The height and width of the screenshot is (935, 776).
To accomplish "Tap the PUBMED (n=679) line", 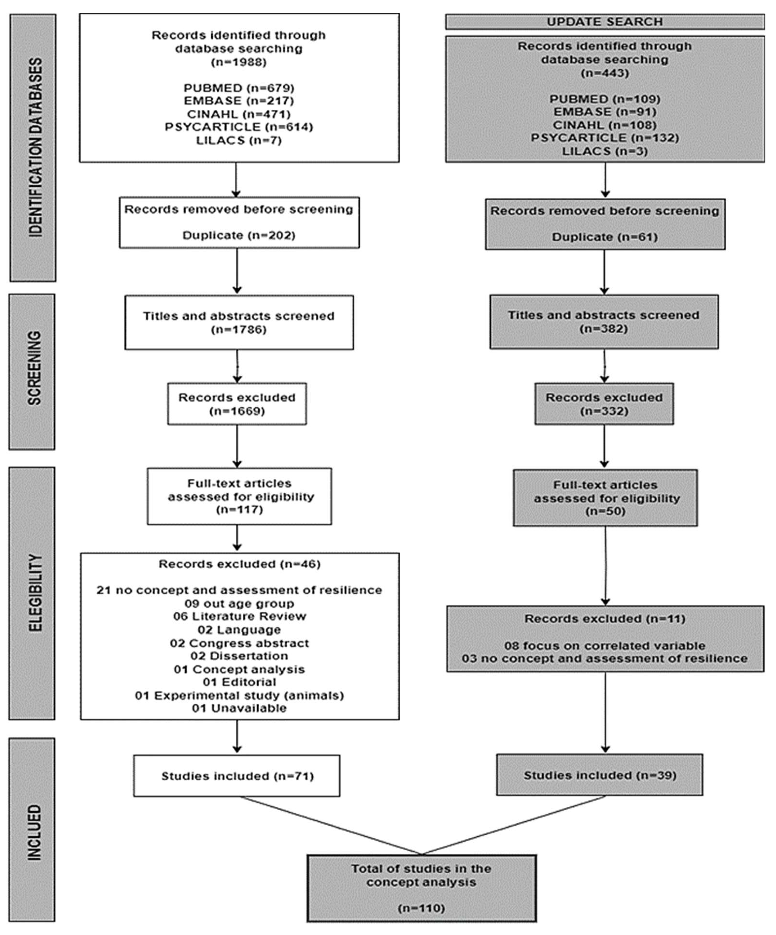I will point(239,88).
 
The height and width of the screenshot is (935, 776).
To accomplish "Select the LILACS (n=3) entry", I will point(605,151).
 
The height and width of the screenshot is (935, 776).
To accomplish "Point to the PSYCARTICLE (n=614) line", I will point(239,127).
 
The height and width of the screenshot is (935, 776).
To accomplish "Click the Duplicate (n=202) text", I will point(239,235).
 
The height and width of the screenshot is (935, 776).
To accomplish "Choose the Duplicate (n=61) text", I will point(605,237).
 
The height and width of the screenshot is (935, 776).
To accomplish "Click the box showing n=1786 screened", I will point(239,322).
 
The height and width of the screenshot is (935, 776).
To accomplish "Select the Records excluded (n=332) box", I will point(604,404).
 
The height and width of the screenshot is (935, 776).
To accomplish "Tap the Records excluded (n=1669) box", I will point(237,404).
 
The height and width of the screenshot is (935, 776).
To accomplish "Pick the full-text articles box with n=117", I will point(239,496).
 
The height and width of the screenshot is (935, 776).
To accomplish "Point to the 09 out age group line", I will point(239,604).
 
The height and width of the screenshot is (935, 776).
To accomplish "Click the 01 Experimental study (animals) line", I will point(239,695).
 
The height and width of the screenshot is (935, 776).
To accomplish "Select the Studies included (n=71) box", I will point(237,776).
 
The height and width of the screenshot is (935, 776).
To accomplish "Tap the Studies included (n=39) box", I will point(599,775).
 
